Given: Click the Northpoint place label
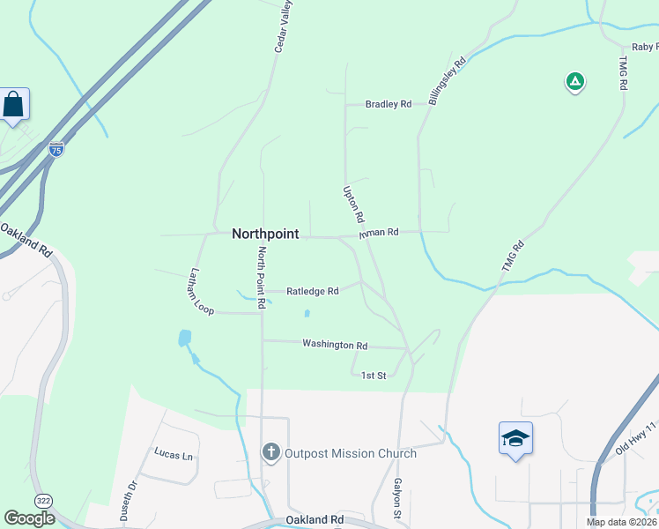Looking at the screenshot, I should tap(265, 234).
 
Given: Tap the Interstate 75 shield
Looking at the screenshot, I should tap(56, 150).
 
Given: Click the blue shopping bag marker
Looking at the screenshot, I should tap(15, 105).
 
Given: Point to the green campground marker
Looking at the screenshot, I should tap(574, 82).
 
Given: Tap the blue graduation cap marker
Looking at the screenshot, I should tap(515, 438).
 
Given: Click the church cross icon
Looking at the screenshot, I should tap(270, 453).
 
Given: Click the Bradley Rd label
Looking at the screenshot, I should tap(389, 104).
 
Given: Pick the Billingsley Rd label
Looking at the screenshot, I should tap(447, 80).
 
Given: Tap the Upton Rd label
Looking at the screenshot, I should tap(353, 204).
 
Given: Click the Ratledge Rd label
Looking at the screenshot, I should tap(313, 291).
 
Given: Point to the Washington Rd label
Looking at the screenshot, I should tap(335, 345).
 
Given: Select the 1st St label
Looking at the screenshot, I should tap(374, 376).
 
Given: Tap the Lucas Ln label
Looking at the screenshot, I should tap(174, 455).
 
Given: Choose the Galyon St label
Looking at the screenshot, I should tap(398, 498).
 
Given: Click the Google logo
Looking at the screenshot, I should tap(29, 518).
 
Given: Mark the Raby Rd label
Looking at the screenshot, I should tap(644, 47).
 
